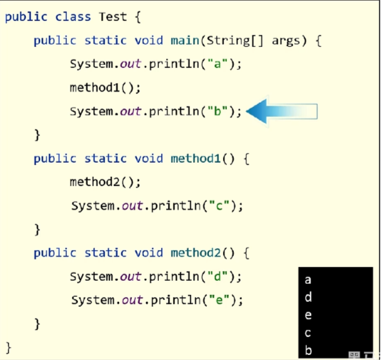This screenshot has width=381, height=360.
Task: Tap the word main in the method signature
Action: (x=185, y=41)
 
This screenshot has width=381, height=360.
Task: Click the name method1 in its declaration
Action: (x=195, y=158)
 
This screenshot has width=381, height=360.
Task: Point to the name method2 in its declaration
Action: (x=195, y=252)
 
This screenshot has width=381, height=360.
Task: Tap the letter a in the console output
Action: (x=309, y=280)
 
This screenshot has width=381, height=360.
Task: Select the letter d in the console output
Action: (x=309, y=298)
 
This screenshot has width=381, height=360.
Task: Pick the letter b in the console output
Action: (x=309, y=351)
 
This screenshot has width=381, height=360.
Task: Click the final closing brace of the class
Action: (x=9, y=346)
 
